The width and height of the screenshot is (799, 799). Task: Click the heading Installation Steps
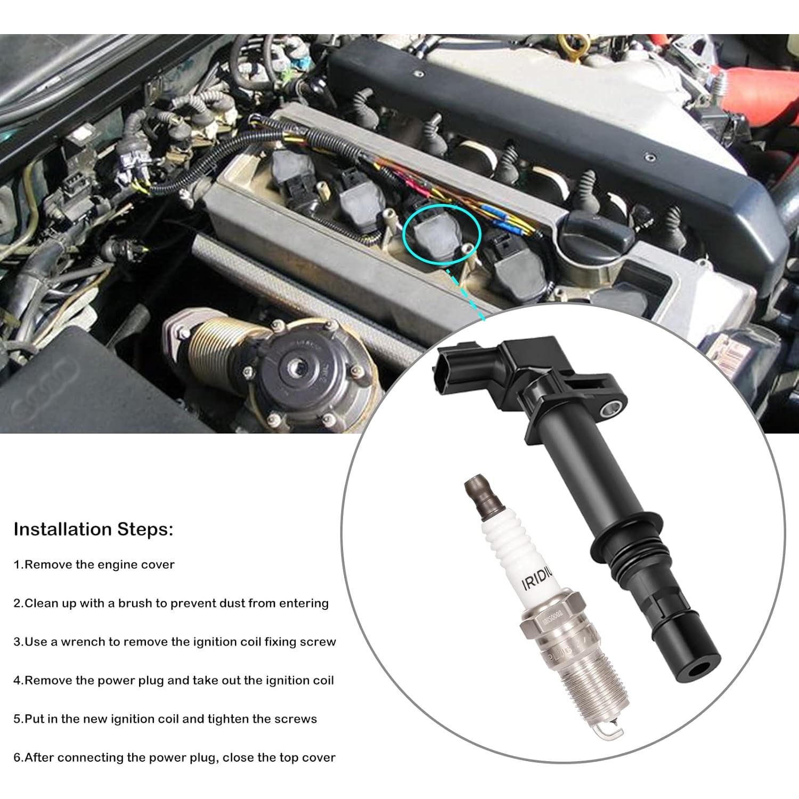[x=93, y=529]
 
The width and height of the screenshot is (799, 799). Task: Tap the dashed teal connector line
[x=466, y=296]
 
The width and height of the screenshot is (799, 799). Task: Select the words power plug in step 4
[x=130, y=680]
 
